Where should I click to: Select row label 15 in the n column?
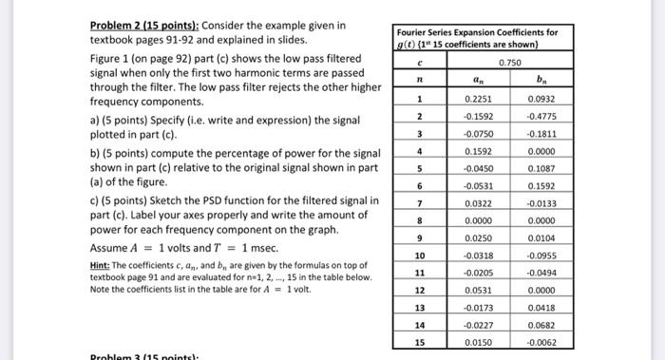click(x=418, y=341)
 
